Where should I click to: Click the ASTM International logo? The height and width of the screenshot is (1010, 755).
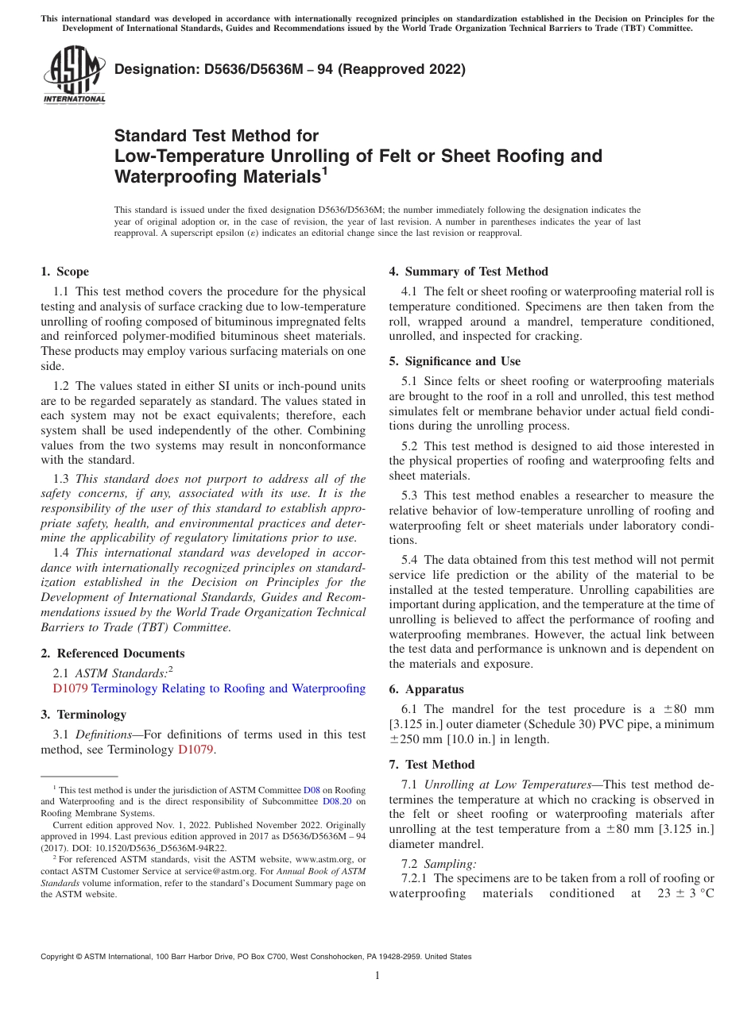(x=74, y=75)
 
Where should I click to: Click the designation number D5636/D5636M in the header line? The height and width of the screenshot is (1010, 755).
(x=249, y=69)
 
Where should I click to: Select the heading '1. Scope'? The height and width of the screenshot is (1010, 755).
(x=65, y=272)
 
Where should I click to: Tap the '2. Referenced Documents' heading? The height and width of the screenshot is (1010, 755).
(x=113, y=653)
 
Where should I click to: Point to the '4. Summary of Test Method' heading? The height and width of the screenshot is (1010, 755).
(x=468, y=272)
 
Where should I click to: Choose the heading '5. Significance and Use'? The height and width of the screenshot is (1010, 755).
(x=455, y=361)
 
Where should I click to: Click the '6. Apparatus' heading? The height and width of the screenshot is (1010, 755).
(x=426, y=689)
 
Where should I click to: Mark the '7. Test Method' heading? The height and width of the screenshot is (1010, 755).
(x=432, y=765)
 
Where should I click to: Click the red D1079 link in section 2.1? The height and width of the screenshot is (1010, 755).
(x=70, y=688)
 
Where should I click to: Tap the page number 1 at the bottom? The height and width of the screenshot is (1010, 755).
(x=377, y=975)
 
